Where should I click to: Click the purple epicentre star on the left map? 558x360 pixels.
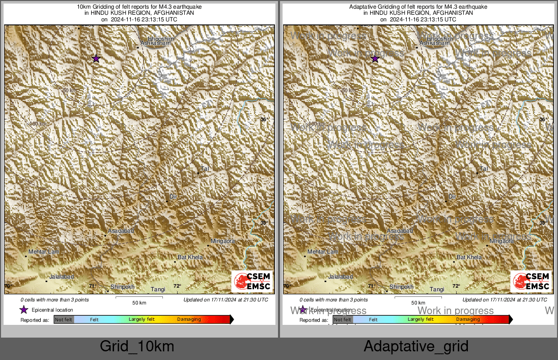pos(96,59)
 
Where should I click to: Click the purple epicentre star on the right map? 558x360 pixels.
pos(375,59)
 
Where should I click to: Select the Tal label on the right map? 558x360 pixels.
pos(484,168)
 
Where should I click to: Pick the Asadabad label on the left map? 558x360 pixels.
pos(121,231)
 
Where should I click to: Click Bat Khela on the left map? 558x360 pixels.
pos(190,257)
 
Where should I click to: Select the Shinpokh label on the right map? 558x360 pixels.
pos(401,287)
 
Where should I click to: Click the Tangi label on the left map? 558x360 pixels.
pos(158,289)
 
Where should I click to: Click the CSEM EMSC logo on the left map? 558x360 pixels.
pos(253,282)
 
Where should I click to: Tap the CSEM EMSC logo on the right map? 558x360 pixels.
pos(531,282)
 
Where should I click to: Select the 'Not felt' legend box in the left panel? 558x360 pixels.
pos(64,319)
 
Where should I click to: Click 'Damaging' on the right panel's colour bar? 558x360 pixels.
pos(467,319)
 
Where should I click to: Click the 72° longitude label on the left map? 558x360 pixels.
pos(177,286)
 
